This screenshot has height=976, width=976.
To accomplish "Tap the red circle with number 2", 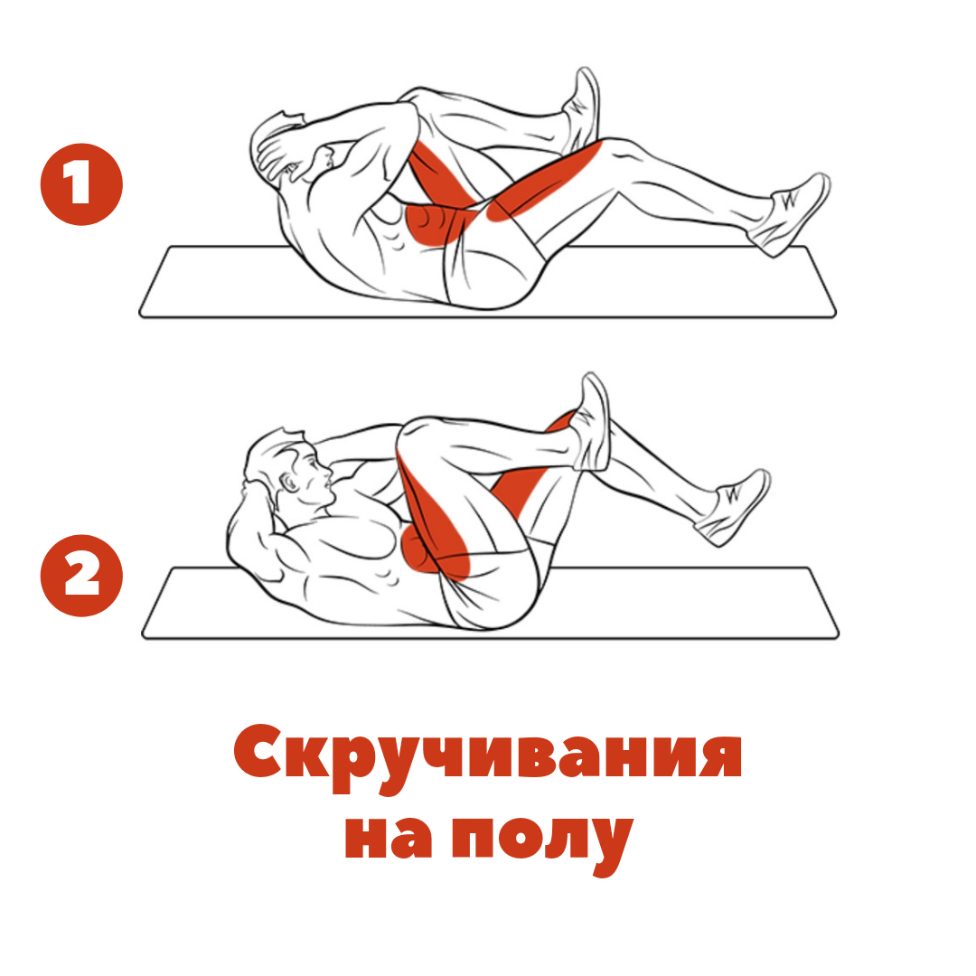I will (81, 576).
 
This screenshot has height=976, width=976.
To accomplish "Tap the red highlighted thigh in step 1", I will (542, 181).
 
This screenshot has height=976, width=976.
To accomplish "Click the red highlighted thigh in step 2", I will (434, 515).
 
